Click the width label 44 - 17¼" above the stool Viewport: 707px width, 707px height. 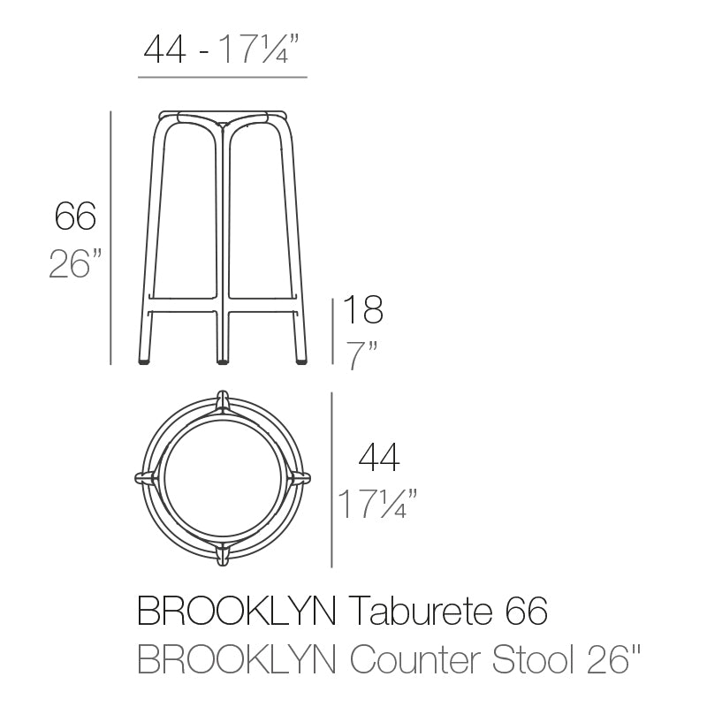223,51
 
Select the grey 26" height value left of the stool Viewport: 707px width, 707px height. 75,263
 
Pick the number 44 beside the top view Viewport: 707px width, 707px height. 378,459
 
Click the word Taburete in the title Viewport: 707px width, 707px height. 414,611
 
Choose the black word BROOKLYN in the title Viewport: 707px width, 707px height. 236,611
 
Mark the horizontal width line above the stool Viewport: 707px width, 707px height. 223,78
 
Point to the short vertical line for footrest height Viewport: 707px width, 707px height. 332,331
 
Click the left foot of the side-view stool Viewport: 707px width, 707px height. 144,360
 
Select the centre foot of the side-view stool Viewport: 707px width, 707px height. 222,360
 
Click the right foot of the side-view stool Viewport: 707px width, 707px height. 300,360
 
